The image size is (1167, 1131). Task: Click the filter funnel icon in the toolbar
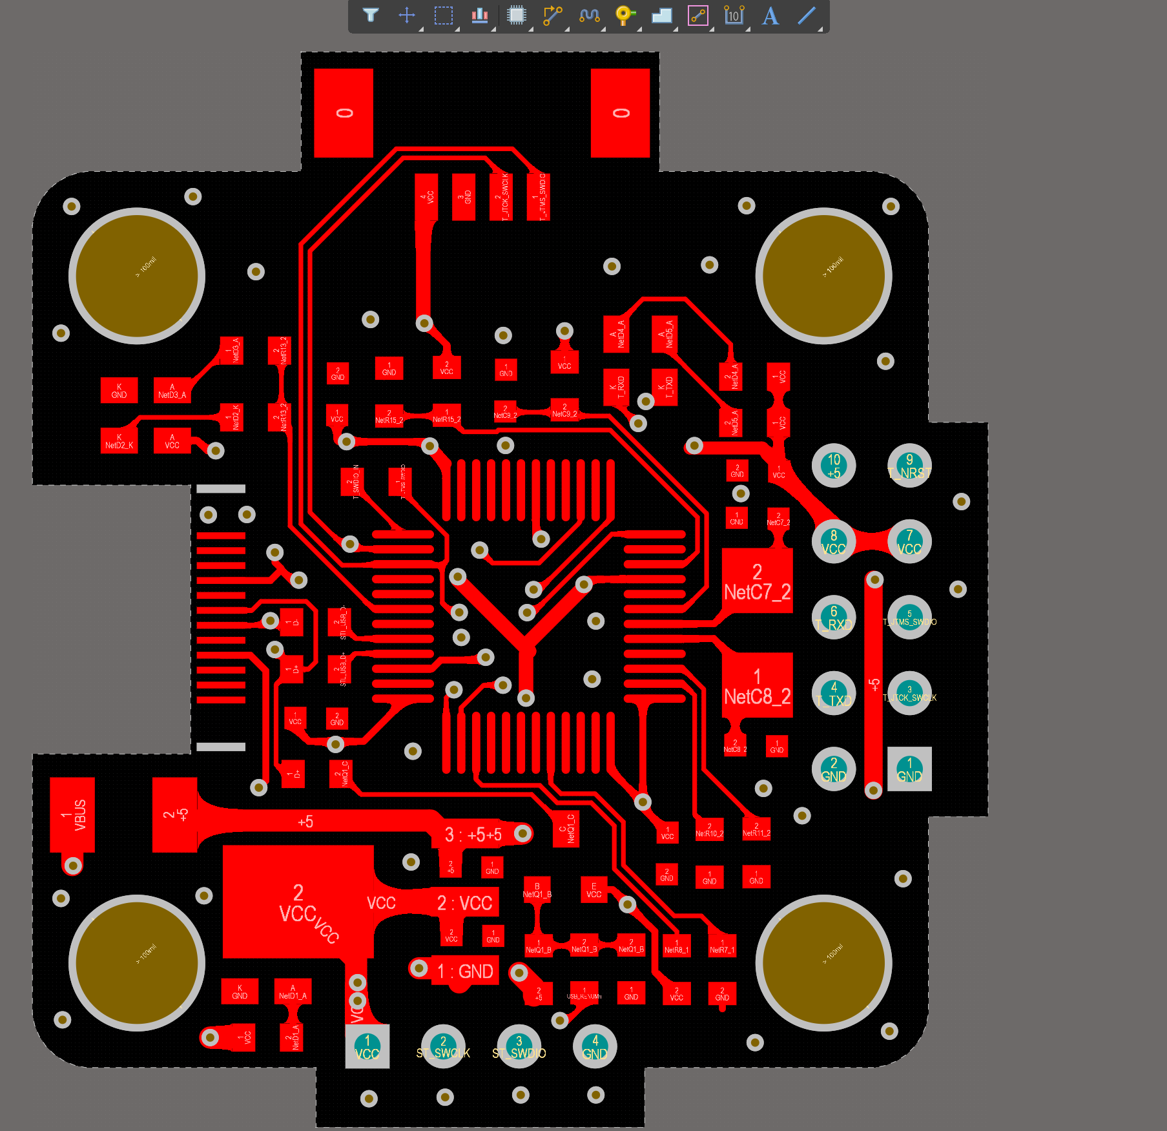(371, 15)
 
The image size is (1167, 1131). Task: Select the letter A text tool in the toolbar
(770, 16)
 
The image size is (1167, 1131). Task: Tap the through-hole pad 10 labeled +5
(834, 466)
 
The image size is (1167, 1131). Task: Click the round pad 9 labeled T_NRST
(909, 466)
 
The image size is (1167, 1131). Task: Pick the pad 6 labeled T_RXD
(834, 617)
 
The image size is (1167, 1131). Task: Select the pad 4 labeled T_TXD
(834, 693)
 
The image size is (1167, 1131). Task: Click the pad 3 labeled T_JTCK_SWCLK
(909, 693)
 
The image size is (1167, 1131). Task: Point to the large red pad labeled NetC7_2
(757, 581)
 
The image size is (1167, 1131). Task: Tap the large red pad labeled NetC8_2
(757, 685)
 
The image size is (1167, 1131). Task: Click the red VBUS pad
(72, 815)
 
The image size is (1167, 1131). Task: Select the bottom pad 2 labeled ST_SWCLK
(443, 1046)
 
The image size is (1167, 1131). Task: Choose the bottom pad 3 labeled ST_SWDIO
(519, 1046)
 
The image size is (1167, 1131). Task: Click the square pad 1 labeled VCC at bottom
(367, 1046)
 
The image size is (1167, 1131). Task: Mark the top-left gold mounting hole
(137, 276)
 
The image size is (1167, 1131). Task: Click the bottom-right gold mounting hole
(823, 962)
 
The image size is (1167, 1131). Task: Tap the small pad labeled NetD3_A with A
(172, 391)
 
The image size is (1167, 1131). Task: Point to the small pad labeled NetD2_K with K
(119, 441)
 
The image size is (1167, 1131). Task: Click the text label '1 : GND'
(465, 971)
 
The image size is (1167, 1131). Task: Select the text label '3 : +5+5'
(473, 835)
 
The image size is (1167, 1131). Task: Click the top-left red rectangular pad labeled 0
(344, 113)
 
